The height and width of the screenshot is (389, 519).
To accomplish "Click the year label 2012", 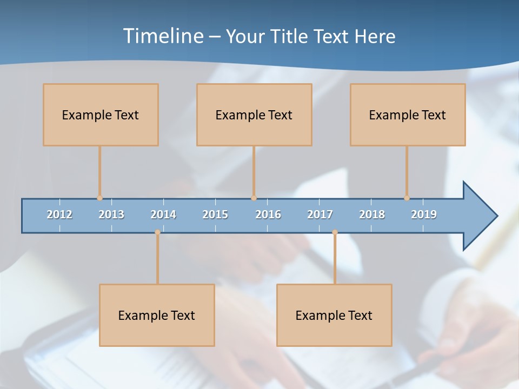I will click(x=59, y=214).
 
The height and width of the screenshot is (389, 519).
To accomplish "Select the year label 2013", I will click(x=111, y=214).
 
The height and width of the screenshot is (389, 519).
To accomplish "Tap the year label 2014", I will click(x=163, y=214).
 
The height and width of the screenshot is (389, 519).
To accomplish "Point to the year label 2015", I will click(x=215, y=214).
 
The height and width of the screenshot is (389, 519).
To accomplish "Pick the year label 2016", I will click(x=268, y=214).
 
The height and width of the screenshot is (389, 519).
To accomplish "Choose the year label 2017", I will click(x=320, y=214).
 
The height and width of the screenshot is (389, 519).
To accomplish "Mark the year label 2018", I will click(x=372, y=214).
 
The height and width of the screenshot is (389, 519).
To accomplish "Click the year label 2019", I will click(x=424, y=214).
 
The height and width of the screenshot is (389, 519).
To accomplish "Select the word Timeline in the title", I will click(x=162, y=36).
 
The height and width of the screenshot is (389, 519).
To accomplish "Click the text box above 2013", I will click(x=101, y=115).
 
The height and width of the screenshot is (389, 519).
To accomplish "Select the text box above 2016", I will click(x=254, y=115).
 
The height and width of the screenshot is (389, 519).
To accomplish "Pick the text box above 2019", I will click(x=408, y=115).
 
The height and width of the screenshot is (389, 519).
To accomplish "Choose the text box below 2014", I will click(x=157, y=315).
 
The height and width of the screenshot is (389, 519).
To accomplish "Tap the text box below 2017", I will click(x=334, y=315).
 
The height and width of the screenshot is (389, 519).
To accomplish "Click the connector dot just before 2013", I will click(x=99, y=198).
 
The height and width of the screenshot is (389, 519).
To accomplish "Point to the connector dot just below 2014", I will click(x=157, y=232).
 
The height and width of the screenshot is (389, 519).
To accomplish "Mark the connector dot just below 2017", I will click(x=335, y=232).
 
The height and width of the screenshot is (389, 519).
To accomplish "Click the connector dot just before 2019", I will click(x=407, y=198).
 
